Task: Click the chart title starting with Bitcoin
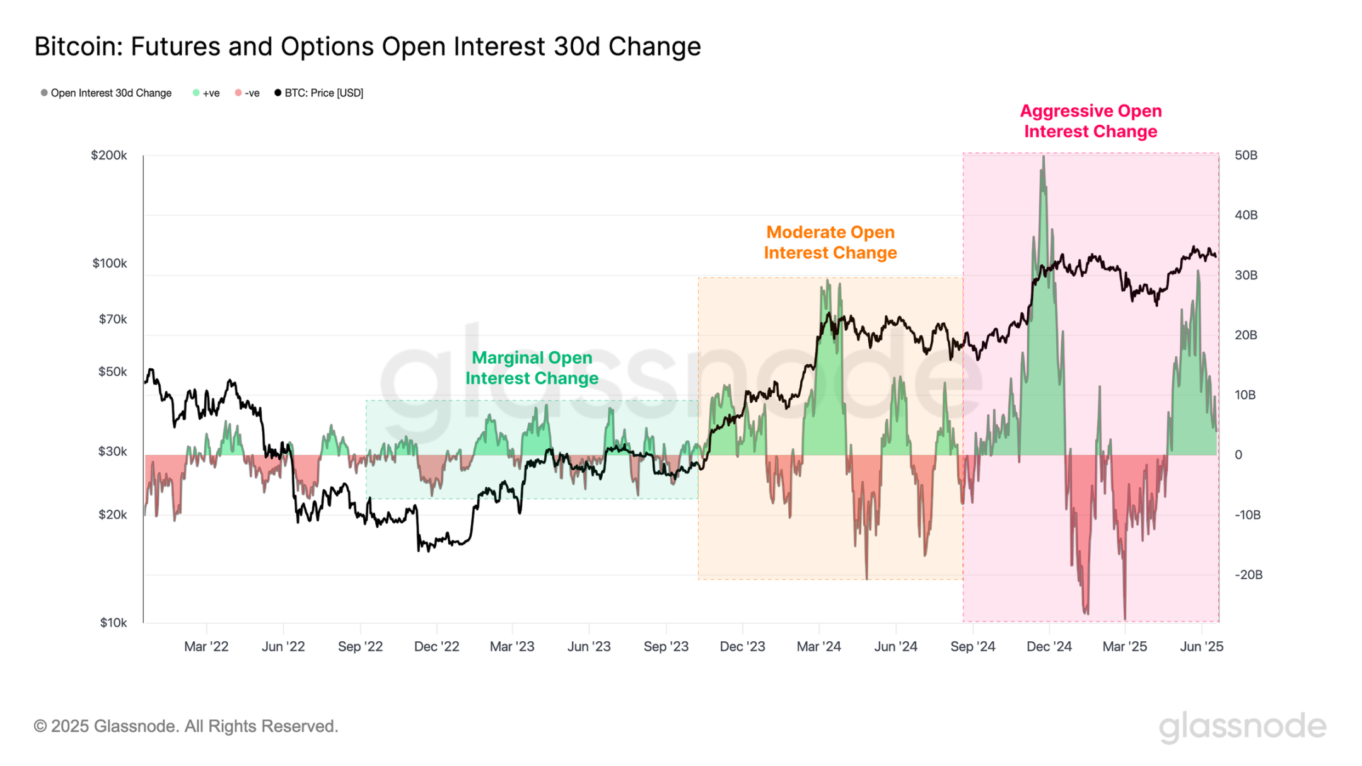(367, 47)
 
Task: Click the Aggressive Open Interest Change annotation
(1090, 121)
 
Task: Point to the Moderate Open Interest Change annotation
(830, 242)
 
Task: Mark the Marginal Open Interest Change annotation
(532, 368)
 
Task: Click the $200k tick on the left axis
(109, 155)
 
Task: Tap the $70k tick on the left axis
(112, 319)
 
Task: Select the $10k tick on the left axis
(113, 623)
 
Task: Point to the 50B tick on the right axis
(1245, 155)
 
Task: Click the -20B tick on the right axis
(1248, 575)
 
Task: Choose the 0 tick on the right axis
(1238, 455)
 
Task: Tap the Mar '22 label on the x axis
(206, 647)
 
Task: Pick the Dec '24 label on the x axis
(1049, 647)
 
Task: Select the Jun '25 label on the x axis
(1201, 647)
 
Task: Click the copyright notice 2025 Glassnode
(186, 726)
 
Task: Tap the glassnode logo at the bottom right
(1242, 726)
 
